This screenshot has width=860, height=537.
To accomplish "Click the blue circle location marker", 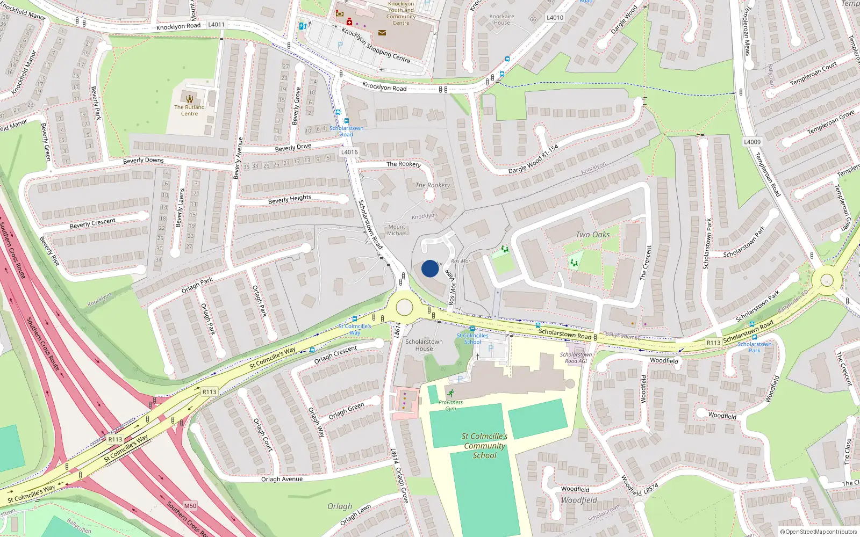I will coord(429,268).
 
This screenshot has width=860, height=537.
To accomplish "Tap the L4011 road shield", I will coord(216,25).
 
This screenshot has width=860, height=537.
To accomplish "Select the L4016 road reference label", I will coord(349,152).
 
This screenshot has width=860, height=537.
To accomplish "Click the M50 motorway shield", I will coord(190,506).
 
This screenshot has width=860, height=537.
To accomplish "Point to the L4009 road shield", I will coord(752,142).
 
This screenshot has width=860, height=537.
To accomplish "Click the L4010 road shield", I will coord(555,18).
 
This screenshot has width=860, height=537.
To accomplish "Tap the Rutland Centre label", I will coord(189,110).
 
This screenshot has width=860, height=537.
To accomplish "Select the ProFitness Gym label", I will coord(450,405).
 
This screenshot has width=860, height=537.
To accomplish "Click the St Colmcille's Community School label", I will coord(484,446).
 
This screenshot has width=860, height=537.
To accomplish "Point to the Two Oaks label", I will coord(592,235).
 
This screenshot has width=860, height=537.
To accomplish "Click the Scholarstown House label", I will coord(424,345).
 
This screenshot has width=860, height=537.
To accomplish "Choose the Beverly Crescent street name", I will coord(92,223).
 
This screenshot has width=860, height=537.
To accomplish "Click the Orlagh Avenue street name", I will coord(282,479).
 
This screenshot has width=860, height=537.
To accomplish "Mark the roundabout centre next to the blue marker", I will coord(404,308).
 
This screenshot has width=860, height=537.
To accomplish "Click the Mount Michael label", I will coord(397,230).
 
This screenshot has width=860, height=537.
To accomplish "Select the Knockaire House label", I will coord(501,19).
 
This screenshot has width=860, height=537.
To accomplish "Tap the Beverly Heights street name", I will coord(289,199).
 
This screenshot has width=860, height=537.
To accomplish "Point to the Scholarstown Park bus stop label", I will coord(754,347).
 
